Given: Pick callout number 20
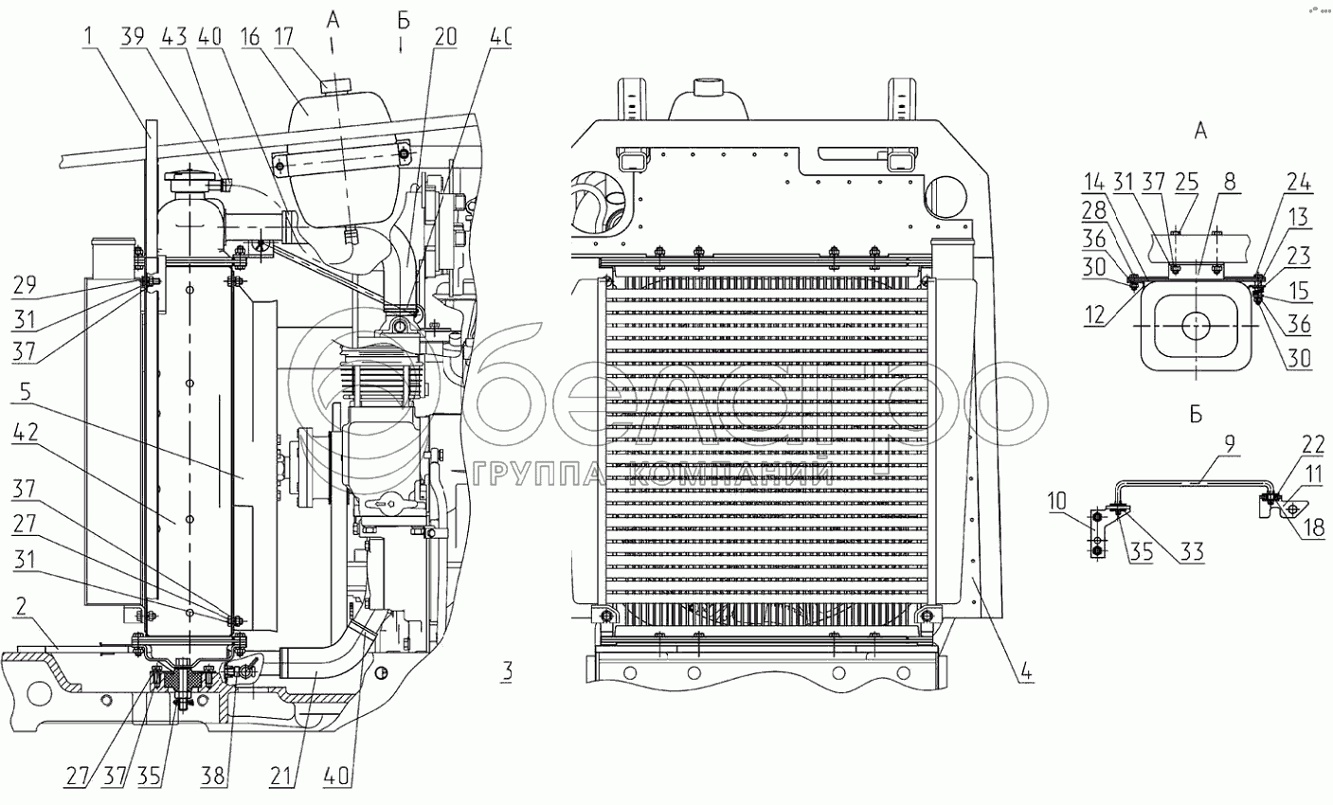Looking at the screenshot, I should pos(445,37).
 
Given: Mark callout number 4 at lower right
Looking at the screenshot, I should pos(1025,676).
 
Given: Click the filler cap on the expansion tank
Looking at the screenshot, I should pos(332,87).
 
